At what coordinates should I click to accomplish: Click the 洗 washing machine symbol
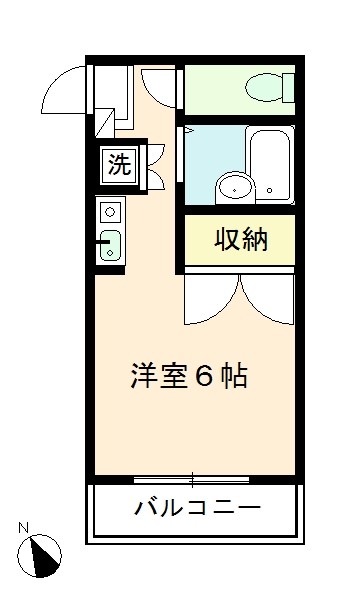(119, 166)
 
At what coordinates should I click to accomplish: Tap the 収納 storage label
(241, 240)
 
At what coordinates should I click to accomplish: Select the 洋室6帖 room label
(189, 376)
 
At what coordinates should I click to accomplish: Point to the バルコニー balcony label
(197, 508)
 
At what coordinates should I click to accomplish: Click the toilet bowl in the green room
(265, 88)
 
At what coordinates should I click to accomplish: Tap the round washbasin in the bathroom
(235, 188)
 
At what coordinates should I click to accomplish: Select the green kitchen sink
(110, 246)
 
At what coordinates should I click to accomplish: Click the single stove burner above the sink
(110, 212)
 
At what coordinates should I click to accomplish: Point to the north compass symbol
(39, 556)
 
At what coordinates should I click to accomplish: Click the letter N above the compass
(24, 528)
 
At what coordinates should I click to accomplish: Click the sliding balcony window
(192, 479)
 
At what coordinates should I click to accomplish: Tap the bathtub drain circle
(270, 190)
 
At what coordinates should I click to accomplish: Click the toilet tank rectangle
(289, 88)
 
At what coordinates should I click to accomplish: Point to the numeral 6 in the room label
(204, 377)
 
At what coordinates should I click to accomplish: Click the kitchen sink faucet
(104, 242)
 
